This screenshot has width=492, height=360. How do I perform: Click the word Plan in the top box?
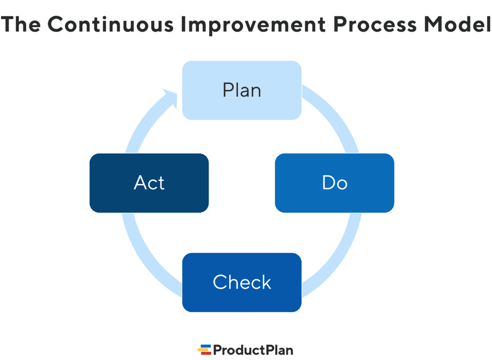pyautogui.click(x=242, y=90)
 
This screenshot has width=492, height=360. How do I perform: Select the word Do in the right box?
pyautogui.click(x=334, y=183)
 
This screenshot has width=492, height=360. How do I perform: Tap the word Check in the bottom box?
pyautogui.click(x=242, y=282)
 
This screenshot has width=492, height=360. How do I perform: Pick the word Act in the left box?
pyautogui.click(x=149, y=183)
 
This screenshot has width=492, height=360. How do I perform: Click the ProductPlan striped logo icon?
pyautogui.click(x=205, y=349)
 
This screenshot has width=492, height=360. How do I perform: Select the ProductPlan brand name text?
pyautogui.click(x=253, y=349)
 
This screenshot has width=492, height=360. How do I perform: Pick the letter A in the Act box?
pyautogui.click(x=140, y=183)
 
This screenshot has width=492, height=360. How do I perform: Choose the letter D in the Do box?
pyautogui.click(x=328, y=183)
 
